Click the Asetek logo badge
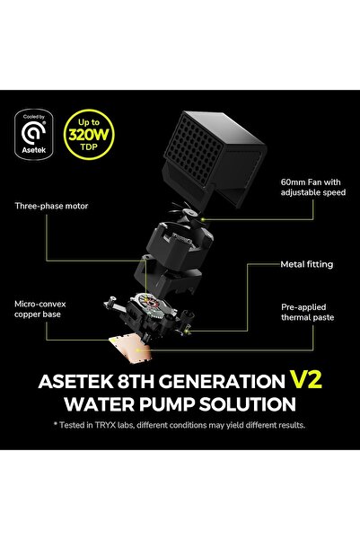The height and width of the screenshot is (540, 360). coord(34,134)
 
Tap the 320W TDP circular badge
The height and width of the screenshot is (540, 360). coord(89,134)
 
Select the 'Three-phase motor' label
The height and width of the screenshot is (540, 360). coord(51,206)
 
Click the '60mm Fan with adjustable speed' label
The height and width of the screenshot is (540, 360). coord(312,187)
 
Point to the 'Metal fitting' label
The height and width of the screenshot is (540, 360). coord(307,264)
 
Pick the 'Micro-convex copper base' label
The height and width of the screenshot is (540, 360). coord(40,309)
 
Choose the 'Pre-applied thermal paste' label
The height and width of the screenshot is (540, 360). coord(307,312)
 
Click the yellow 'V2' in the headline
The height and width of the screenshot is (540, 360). coord(305,379)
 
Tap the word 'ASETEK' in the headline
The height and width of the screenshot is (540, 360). coord(75,381)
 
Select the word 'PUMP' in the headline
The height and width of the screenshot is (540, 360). coord(167,404)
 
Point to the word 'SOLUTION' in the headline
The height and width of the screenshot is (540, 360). coord(248,404)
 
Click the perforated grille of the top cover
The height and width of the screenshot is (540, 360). coord(194,152)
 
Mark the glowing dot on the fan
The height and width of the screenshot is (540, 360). coord(203,219)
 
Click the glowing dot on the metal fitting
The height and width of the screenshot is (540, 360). coord(187,332)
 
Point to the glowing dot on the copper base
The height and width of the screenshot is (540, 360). coord(137,350)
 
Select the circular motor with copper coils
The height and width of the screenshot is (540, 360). coord(149,302)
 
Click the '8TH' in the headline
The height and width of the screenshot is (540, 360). coord(136,381)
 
